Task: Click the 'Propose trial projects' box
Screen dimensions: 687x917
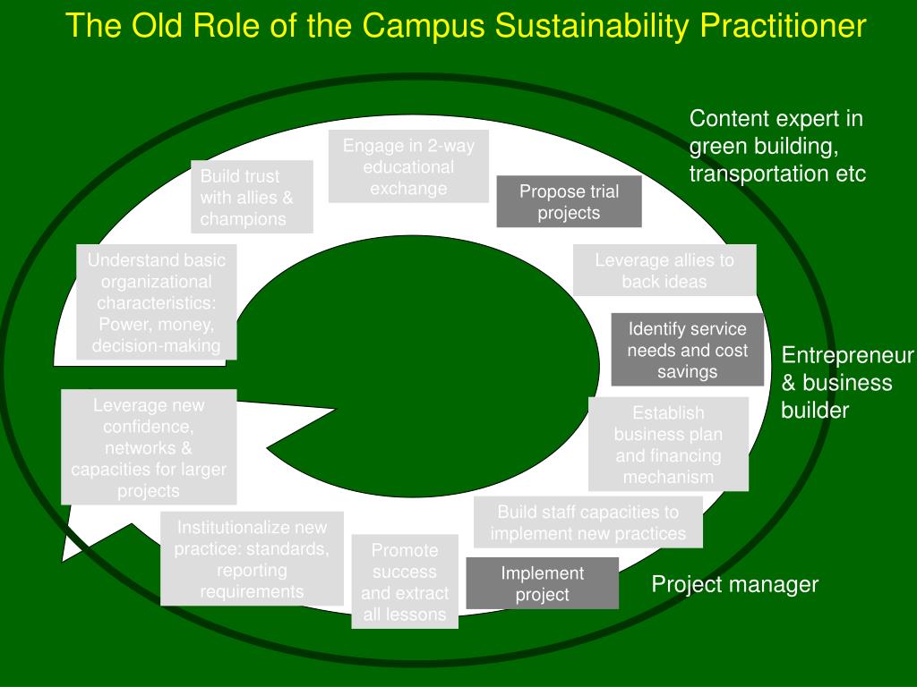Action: (570, 202)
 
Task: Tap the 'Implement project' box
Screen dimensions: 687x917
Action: (543, 583)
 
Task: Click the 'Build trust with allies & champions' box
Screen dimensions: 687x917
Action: (252, 197)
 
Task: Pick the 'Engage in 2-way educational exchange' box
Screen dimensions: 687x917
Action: (408, 166)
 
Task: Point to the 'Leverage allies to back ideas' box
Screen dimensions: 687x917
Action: (664, 270)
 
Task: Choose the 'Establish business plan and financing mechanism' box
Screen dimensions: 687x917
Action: (668, 445)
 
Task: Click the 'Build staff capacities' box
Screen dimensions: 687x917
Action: (588, 522)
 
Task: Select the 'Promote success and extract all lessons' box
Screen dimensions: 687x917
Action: (405, 581)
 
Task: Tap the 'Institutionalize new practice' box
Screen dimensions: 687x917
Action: (252, 558)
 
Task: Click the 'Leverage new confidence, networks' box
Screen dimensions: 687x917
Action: (149, 447)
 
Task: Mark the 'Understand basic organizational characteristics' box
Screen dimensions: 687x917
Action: (157, 302)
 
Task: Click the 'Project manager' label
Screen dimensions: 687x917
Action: (734, 585)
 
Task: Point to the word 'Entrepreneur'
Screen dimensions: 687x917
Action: (847, 356)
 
